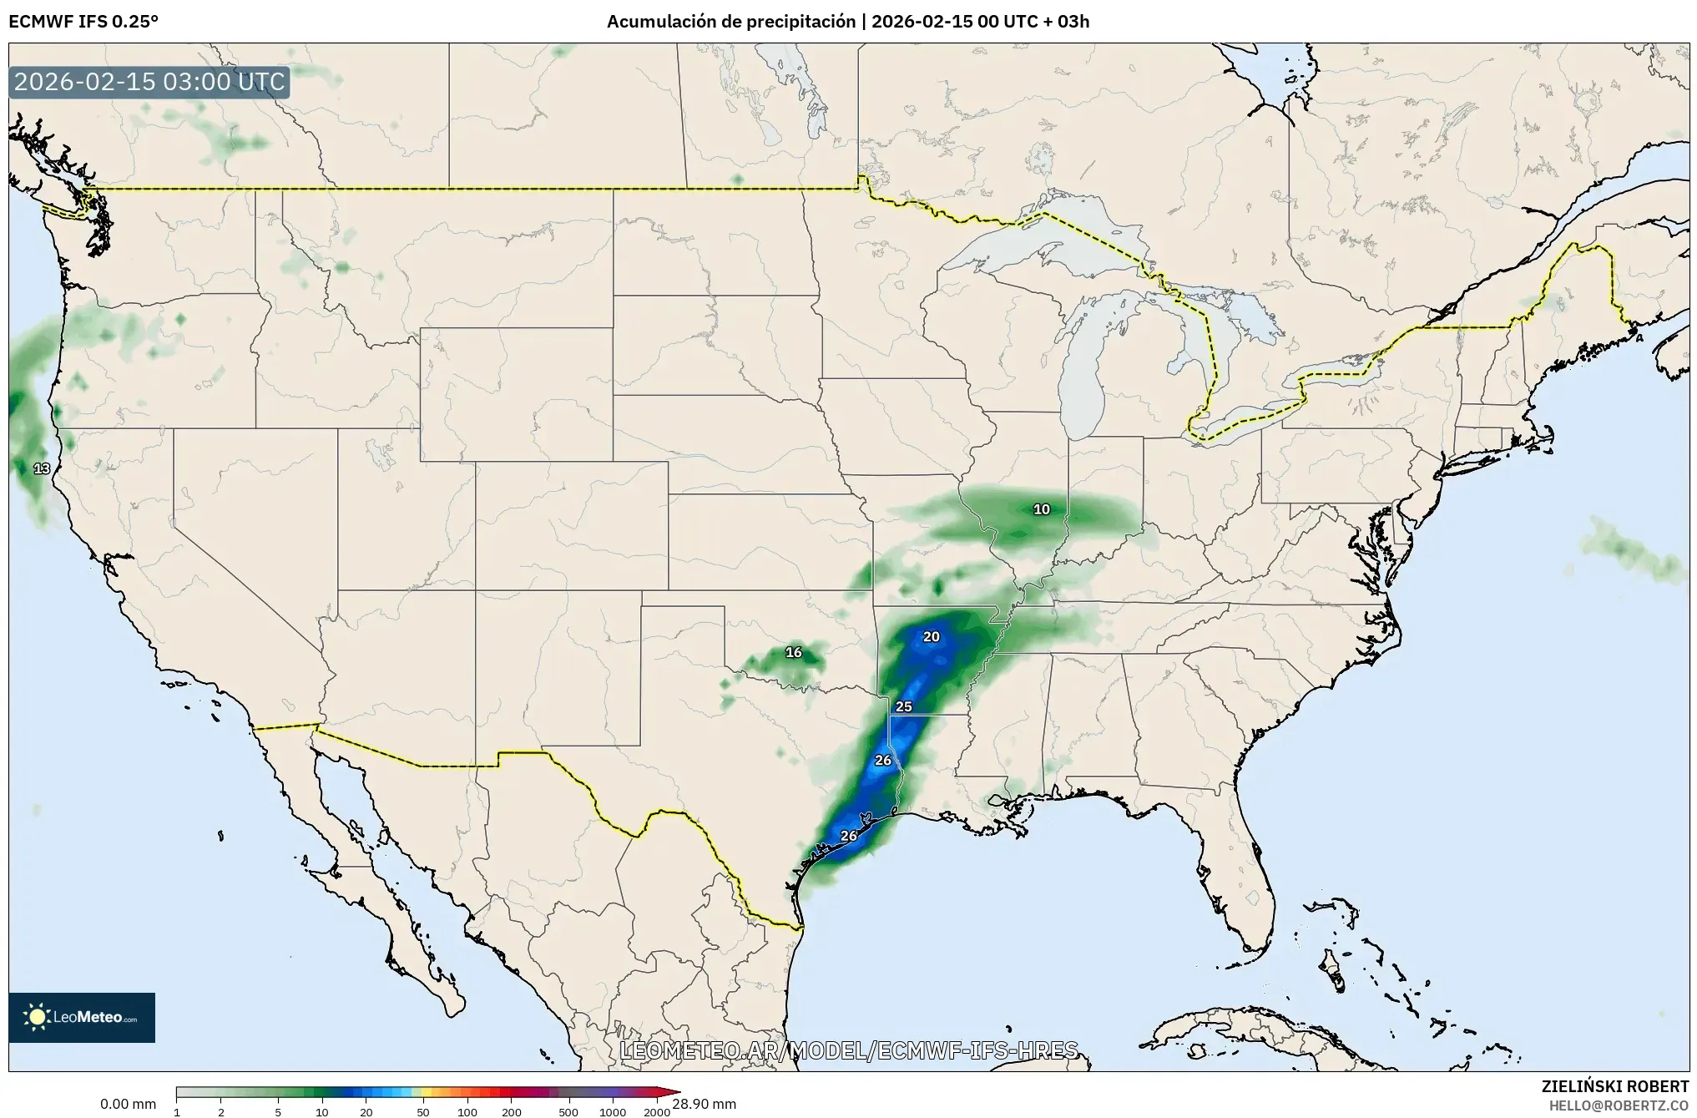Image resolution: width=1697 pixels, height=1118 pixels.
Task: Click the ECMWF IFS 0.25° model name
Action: tap(83, 22)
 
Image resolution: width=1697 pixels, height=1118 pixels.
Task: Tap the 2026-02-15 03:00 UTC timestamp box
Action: tap(149, 83)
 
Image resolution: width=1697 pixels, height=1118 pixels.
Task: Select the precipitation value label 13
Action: tap(42, 468)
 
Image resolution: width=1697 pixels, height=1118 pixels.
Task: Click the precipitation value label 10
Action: tap(1042, 509)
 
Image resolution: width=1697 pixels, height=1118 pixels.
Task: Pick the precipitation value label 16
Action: tap(794, 652)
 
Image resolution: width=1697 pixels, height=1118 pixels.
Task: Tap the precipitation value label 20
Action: tap(931, 637)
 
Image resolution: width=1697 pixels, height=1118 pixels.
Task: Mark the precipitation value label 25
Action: tap(904, 706)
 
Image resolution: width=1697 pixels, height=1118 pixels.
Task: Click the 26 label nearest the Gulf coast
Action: tap(849, 836)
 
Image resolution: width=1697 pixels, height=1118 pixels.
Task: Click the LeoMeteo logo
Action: tap(82, 1017)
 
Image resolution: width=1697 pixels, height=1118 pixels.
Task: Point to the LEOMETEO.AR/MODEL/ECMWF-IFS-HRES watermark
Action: tap(849, 1050)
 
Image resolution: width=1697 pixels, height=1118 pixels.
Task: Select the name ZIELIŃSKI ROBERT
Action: tap(1614, 1086)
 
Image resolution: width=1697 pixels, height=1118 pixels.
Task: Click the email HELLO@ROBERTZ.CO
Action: tap(1619, 1105)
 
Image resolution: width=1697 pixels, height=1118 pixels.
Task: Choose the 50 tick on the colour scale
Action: tap(423, 1112)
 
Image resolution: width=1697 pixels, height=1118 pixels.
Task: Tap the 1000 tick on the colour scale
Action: tap(613, 1112)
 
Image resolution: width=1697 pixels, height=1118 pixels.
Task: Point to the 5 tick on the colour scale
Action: tap(278, 1112)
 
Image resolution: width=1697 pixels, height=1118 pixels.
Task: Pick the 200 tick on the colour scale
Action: tap(512, 1112)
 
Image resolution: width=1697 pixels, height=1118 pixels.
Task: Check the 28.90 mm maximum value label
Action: tap(704, 1104)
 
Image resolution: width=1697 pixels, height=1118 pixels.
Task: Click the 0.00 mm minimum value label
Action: tap(128, 1104)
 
